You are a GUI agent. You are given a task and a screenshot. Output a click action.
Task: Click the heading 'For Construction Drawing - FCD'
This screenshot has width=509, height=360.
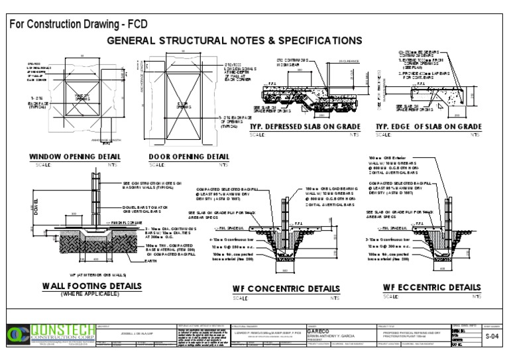pos(78,25)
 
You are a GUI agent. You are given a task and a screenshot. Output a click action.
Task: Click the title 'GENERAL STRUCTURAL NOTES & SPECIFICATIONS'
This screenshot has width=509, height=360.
pos(235,40)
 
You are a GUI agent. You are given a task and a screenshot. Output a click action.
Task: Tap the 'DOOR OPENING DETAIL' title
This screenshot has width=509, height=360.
pos(189,157)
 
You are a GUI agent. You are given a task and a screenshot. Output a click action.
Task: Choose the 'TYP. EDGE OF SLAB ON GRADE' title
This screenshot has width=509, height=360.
pos(428,127)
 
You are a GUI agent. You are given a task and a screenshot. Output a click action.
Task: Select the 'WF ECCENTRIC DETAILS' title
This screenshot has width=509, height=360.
pos(431,287)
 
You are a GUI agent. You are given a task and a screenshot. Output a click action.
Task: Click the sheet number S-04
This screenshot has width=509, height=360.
pos(490,337)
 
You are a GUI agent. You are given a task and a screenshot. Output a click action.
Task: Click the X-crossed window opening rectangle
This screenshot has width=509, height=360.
pos(82,99)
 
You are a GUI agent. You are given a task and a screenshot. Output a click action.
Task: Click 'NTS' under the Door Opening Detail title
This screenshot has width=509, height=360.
pos(223,164)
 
